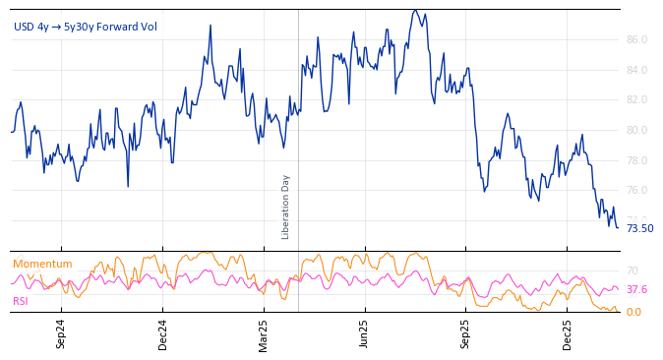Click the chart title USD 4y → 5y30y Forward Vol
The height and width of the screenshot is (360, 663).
pos(86,27)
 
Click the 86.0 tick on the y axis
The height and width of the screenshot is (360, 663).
pos(636,40)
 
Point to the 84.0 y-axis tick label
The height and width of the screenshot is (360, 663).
pos(636,70)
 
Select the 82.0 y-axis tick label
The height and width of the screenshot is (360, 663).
pos(636,100)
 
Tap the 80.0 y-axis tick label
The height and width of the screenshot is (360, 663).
pos(636,130)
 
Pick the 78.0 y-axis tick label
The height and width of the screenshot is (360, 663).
pos(636,160)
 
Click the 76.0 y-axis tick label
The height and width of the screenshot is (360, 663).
pos(636,191)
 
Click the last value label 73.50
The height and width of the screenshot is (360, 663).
pos(639,229)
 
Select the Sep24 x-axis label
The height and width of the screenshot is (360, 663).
pos(61,334)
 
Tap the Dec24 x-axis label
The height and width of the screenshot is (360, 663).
pos(163,334)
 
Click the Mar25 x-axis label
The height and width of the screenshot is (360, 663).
pos(264,334)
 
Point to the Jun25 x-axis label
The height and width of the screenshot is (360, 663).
pos(365,334)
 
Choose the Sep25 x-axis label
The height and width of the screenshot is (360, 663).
pos(466,334)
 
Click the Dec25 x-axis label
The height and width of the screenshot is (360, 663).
pos(568,334)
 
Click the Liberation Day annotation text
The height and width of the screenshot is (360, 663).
pos(286,207)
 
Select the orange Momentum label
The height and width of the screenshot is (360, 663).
pos(42,264)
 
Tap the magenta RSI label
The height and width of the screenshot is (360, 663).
pos(21,301)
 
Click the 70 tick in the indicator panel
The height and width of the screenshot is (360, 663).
pos(633,270)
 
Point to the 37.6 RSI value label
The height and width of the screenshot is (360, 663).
pos(636,290)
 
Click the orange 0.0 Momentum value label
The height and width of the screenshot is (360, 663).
pos(633,312)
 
